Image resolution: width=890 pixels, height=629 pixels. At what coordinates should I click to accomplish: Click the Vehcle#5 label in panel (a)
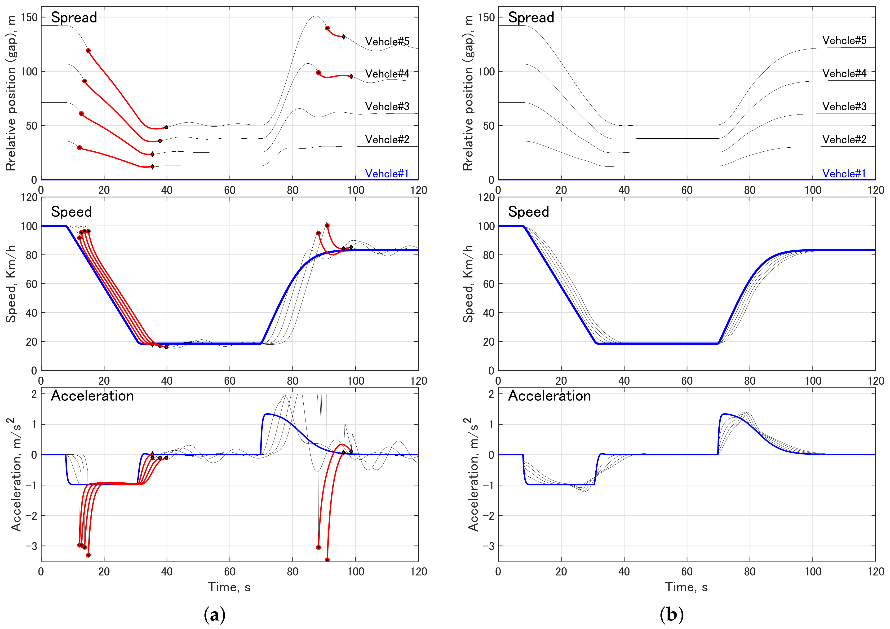coord(387,41)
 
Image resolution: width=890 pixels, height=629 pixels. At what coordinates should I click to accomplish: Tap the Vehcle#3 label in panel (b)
coord(844,106)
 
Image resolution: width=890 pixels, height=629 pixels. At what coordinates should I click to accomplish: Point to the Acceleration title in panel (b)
coord(549,396)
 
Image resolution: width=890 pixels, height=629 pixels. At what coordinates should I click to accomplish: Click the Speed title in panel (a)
coord(71,212)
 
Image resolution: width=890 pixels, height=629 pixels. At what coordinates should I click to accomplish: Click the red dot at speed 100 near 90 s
coord(327,226)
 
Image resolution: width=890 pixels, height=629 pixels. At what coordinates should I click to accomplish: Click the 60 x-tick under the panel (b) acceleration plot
coord(686,572)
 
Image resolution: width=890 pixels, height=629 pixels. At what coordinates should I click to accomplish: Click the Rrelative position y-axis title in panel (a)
coord(11,93)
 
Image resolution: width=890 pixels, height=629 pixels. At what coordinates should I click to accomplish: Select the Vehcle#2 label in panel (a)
coord(387,139)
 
